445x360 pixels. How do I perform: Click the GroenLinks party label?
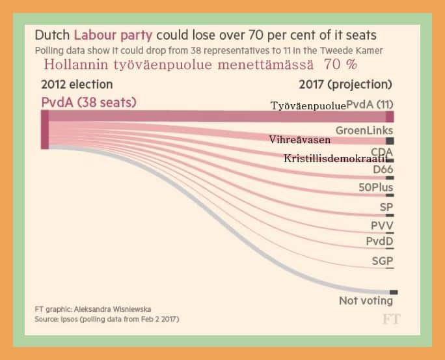coord(364,130)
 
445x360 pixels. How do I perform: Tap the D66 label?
coord(383,169)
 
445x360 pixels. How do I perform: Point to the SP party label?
coord(386,208)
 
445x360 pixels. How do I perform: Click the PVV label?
coord(382,226)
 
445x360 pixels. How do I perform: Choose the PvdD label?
coord(379,242)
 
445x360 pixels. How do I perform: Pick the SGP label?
coord(383,260)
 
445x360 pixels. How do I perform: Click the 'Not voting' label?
coord(366,301)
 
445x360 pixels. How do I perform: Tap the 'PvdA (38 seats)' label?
coord(88,102)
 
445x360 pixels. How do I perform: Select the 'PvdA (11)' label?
coord(370,104)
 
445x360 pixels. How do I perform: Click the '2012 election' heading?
coord(77,85)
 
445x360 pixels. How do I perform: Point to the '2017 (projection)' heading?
coord(345,85)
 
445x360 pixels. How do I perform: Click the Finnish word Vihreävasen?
coord(300,139)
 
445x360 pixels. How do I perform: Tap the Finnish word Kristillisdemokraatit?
coord(336,158)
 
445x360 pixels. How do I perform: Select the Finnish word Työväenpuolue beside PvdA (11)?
coord(308,105)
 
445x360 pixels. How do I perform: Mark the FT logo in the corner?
coord(391,320)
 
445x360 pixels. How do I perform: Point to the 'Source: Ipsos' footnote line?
coord(107,320)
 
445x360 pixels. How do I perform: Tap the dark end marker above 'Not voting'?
coord(394,292)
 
